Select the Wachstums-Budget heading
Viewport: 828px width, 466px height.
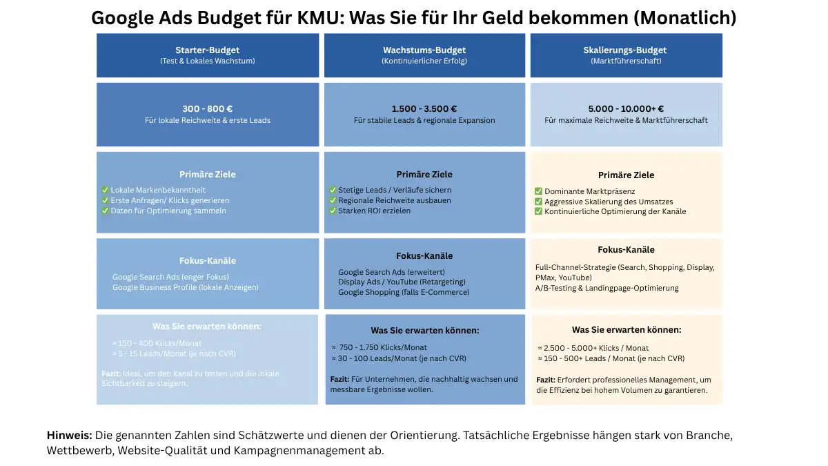[x=424, y=50]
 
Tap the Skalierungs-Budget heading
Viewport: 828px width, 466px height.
[x=625, y=50]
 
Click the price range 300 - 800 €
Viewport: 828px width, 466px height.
[x=208, y=109]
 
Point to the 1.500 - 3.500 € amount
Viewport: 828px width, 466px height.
[x=424, y=109]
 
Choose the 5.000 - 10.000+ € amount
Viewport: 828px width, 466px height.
[x=627, y=109]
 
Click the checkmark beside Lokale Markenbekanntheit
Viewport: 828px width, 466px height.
[x=105, y=190]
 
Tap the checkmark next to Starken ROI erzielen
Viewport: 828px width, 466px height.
[x=333, y=211]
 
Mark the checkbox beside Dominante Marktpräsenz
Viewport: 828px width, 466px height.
[x=538, y=191]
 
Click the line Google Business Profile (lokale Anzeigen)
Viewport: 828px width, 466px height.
[x=186, y=287]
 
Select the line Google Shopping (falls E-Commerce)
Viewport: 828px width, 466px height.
[x=404, y=292]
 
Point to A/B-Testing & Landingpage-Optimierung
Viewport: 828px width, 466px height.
[x=607, y=288]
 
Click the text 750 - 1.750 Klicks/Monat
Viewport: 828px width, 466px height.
[x=383, y=348]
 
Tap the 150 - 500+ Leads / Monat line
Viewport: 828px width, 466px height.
[x=614, y=359]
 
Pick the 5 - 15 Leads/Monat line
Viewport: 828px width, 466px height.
[x=177, y=353]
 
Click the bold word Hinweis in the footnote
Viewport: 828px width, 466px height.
[x=70, y=436]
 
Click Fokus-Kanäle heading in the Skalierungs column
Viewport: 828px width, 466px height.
[x=627, y=250]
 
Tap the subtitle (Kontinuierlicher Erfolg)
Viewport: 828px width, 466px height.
[x=424, y=61]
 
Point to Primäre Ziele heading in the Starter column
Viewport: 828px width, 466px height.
[x=208, y=175]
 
